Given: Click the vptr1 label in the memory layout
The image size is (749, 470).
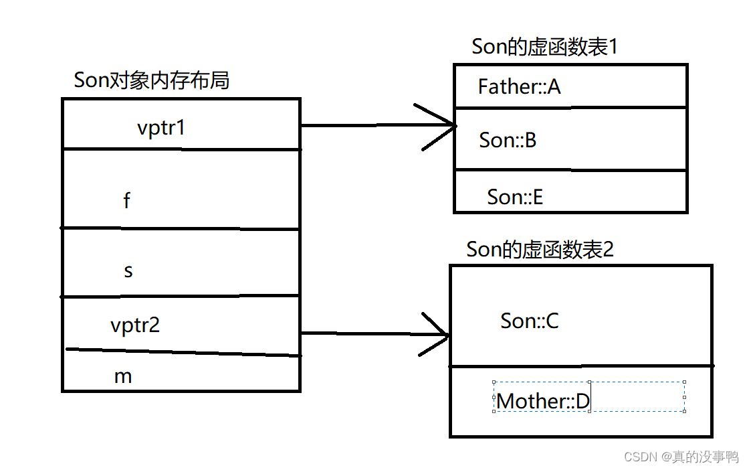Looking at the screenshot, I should click(160, 127).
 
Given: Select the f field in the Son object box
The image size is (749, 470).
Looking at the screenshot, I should click(127, 200).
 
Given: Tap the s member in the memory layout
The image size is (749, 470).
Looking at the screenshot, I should click(128, 271).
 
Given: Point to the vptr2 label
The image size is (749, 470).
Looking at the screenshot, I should click(135, 325).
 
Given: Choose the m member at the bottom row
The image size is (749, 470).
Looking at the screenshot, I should click(123, 376).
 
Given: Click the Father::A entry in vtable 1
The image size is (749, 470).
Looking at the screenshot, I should click(519, 86).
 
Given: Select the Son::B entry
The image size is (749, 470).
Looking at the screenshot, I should click(508, 141).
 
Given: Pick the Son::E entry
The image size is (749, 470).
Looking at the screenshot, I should click(515, 197).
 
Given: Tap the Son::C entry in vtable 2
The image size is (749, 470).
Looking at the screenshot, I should click(530, 321).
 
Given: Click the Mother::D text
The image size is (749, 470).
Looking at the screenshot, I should click(543, 401).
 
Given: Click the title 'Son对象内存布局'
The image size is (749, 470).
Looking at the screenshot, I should click(152, 80).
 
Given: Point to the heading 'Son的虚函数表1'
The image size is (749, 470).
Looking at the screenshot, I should click(544, 47).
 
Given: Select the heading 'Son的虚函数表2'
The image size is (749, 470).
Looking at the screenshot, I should click(540, 250).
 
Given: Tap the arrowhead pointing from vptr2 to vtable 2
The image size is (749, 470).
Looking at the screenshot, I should click(438, 333).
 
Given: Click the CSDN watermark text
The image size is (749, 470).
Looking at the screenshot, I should click(681, 457).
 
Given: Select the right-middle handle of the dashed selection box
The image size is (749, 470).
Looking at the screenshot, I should click(685, 397).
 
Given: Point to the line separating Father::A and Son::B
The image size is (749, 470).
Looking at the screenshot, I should click(570, 107).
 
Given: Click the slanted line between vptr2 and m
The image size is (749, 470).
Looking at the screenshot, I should click(181, 352).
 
